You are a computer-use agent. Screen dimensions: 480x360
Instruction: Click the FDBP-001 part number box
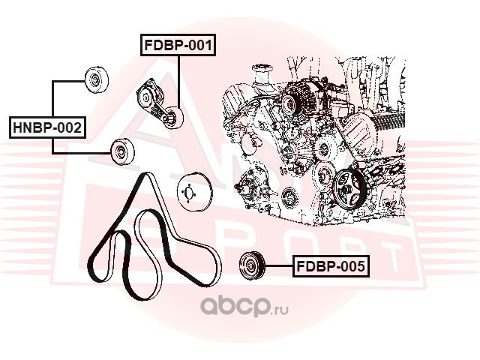178,45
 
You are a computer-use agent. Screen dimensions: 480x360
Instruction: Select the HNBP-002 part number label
47,127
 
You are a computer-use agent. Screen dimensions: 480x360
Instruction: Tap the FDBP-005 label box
331,266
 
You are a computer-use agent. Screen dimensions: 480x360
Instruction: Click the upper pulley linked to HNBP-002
97,79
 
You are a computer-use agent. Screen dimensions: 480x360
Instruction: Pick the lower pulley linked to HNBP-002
122,151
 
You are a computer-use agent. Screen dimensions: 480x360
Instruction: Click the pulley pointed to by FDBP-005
252,265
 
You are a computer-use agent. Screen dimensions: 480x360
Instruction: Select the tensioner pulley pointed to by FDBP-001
173,118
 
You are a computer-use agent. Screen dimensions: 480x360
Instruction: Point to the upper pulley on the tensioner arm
145,97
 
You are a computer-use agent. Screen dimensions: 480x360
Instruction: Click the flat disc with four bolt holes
193,193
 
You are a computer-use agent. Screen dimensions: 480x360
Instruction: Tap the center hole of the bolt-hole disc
190,193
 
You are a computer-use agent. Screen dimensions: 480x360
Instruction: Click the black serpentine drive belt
154,235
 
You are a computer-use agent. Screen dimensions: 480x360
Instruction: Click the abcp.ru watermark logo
244,307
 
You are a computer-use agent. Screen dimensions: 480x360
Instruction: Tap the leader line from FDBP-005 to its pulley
278,266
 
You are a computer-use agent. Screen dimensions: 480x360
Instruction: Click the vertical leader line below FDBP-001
178,82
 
